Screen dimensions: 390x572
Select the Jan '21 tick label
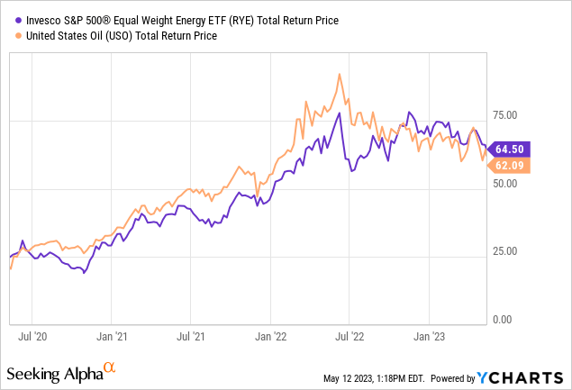click(111, 338)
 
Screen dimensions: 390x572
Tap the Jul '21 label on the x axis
click(190, 338)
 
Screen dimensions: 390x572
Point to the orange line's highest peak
click(339, 75)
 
